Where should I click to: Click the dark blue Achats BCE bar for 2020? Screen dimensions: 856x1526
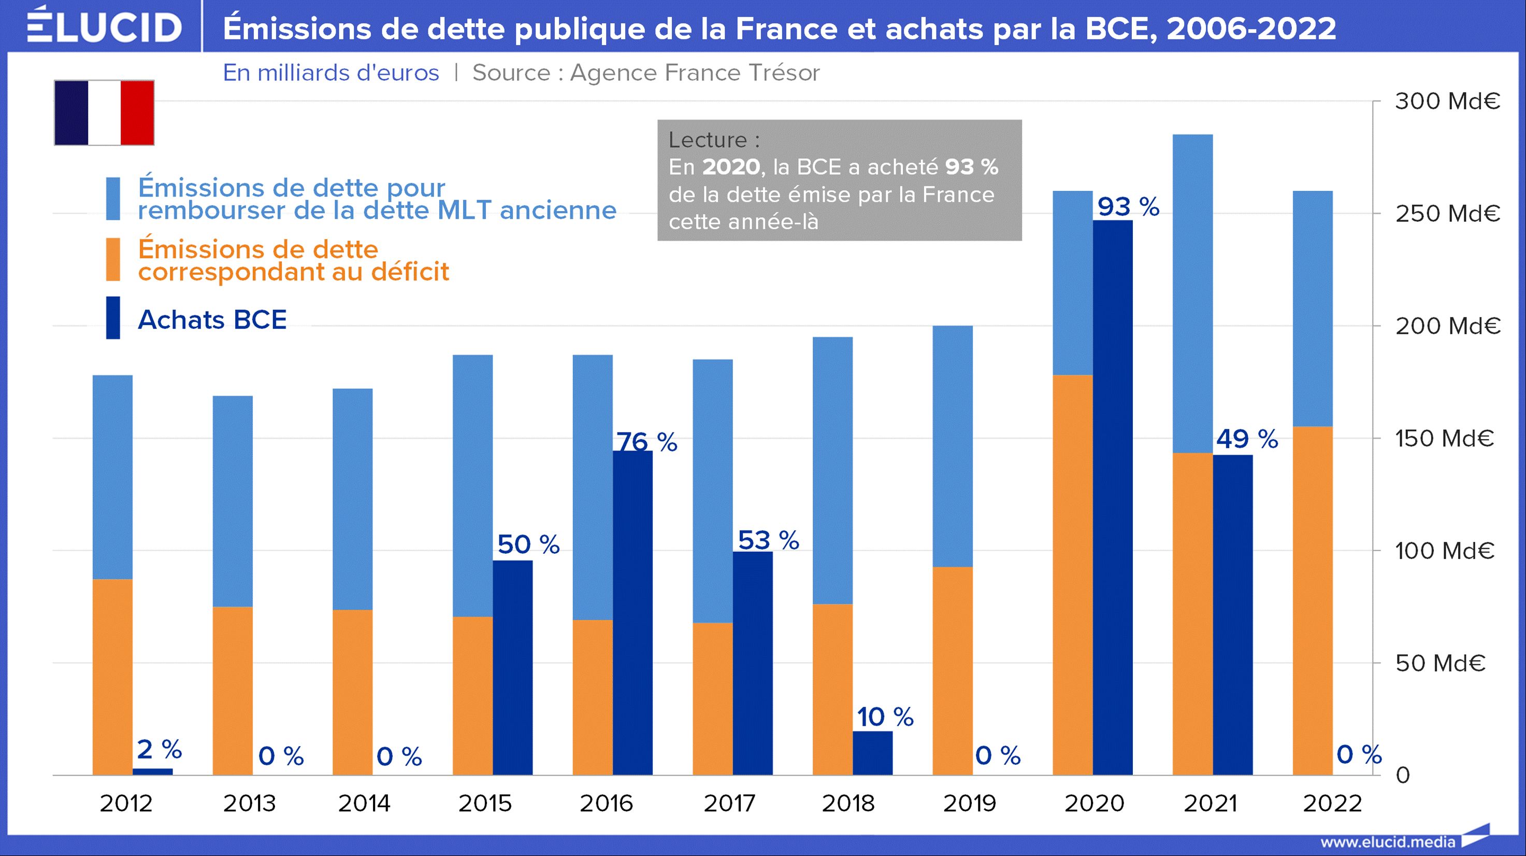(1113, 498)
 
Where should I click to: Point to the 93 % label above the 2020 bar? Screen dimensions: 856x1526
(1128, 206)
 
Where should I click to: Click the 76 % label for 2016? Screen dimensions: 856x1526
(646, 442)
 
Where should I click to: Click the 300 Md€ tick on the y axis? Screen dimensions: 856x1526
(1447, 102)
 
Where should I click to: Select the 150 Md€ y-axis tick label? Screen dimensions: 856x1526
(1444, 438)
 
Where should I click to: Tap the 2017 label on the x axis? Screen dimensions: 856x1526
(729, 803)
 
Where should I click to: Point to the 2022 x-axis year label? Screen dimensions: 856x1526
(1332, 803)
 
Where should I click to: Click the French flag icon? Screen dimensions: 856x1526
(104, 113)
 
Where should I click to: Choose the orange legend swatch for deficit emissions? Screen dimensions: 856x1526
(112, 259)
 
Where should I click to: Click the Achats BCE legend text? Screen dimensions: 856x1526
(212, 319)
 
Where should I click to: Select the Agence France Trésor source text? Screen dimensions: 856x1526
(646, 72)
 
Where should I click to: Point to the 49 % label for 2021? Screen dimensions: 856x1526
(1247, 439)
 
